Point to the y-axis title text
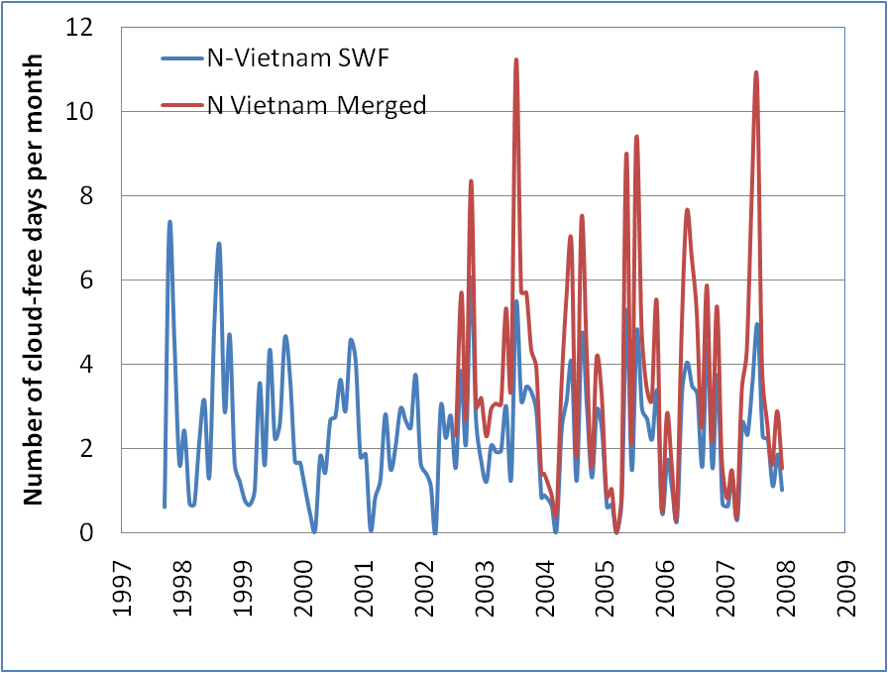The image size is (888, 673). click(x=33, y=280)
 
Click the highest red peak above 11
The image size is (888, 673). click(x=516, y=60)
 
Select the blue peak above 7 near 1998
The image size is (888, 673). click(x=169, y=222)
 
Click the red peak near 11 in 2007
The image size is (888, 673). click(x=756, y=73)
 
